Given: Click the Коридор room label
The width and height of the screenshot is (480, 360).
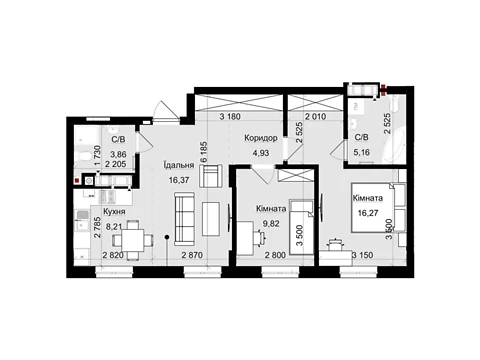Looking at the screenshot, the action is point(261,138).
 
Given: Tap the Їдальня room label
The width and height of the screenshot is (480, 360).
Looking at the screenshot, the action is point(179,165).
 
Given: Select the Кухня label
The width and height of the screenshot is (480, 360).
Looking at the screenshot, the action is point(114,212).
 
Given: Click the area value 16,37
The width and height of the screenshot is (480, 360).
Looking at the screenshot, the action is point(179,180).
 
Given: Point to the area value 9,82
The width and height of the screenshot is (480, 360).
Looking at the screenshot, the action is point(271,224).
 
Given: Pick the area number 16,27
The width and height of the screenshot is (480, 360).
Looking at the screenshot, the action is point(368,213).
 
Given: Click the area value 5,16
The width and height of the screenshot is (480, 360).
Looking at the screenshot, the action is point(362,153).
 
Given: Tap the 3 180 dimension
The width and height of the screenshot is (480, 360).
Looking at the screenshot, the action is point(230,117).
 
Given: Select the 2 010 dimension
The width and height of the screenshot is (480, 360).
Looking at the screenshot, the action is point(316,117).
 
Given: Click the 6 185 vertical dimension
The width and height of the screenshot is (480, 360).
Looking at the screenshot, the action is point(204,152).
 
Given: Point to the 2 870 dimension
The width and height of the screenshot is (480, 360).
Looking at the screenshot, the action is point(192,255).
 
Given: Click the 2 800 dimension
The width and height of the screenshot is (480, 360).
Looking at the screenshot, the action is point(275,255).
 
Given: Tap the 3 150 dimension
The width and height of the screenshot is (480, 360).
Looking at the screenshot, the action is point(363,255).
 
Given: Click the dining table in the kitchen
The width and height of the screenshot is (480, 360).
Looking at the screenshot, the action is point(133,240).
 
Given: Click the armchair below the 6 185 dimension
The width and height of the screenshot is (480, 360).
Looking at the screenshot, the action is point(211,176).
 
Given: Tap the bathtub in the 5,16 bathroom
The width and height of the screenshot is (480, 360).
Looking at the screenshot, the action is point(396,146).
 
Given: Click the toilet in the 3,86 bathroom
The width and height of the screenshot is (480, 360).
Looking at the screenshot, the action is point(84,156).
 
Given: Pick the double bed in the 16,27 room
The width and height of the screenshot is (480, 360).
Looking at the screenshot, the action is point(379,207).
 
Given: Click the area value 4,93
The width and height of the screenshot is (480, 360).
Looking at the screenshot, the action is point(261,153).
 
